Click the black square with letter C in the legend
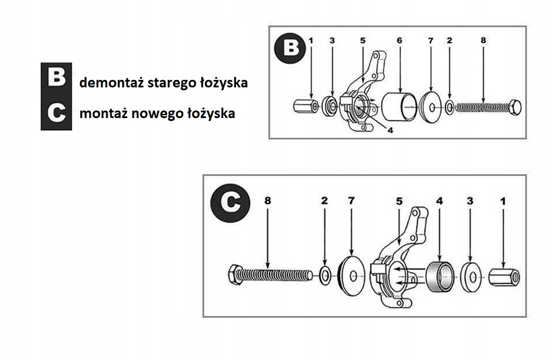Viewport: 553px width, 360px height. click(x=56, y=113)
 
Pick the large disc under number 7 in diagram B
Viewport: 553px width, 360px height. click(x=431, y=106)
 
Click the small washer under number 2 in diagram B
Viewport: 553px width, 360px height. click(x=449, y=106)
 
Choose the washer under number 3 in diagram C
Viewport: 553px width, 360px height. click(x=471, y=276)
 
